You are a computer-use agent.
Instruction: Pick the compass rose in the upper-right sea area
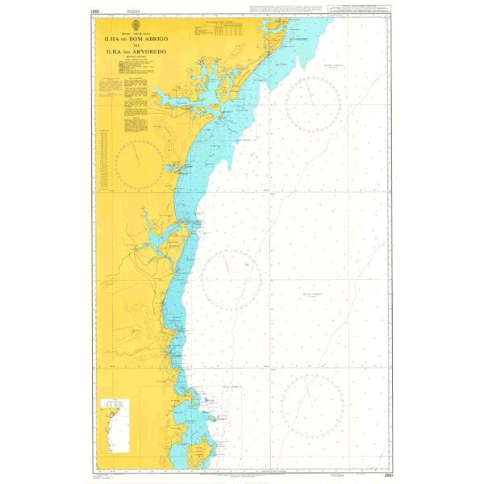tap(311, 105)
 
